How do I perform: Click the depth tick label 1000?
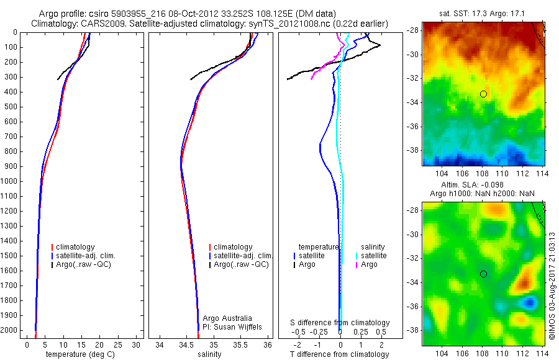pyautogui.click(x=9, y=181)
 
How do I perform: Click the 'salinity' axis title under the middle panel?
pyautogui.click(x=209, y=354)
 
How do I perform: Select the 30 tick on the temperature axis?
pyautogui.click(x=136, y=344)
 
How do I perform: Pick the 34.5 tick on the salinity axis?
pyautogui.click(x=186, y=344)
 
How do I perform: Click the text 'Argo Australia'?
pyautogui.click(x=227, y=318)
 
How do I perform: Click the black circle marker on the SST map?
pyautogui.click(x=483, y=94)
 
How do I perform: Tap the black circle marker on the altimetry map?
pyautogui.click(x=483, y=274)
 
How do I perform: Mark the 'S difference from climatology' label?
pyautogui.click(x=340, y=323)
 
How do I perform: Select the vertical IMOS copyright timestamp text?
pyautogui.click(x=552, y=286)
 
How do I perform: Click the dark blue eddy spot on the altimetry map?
pyautogui.click(x=529, y=302)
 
